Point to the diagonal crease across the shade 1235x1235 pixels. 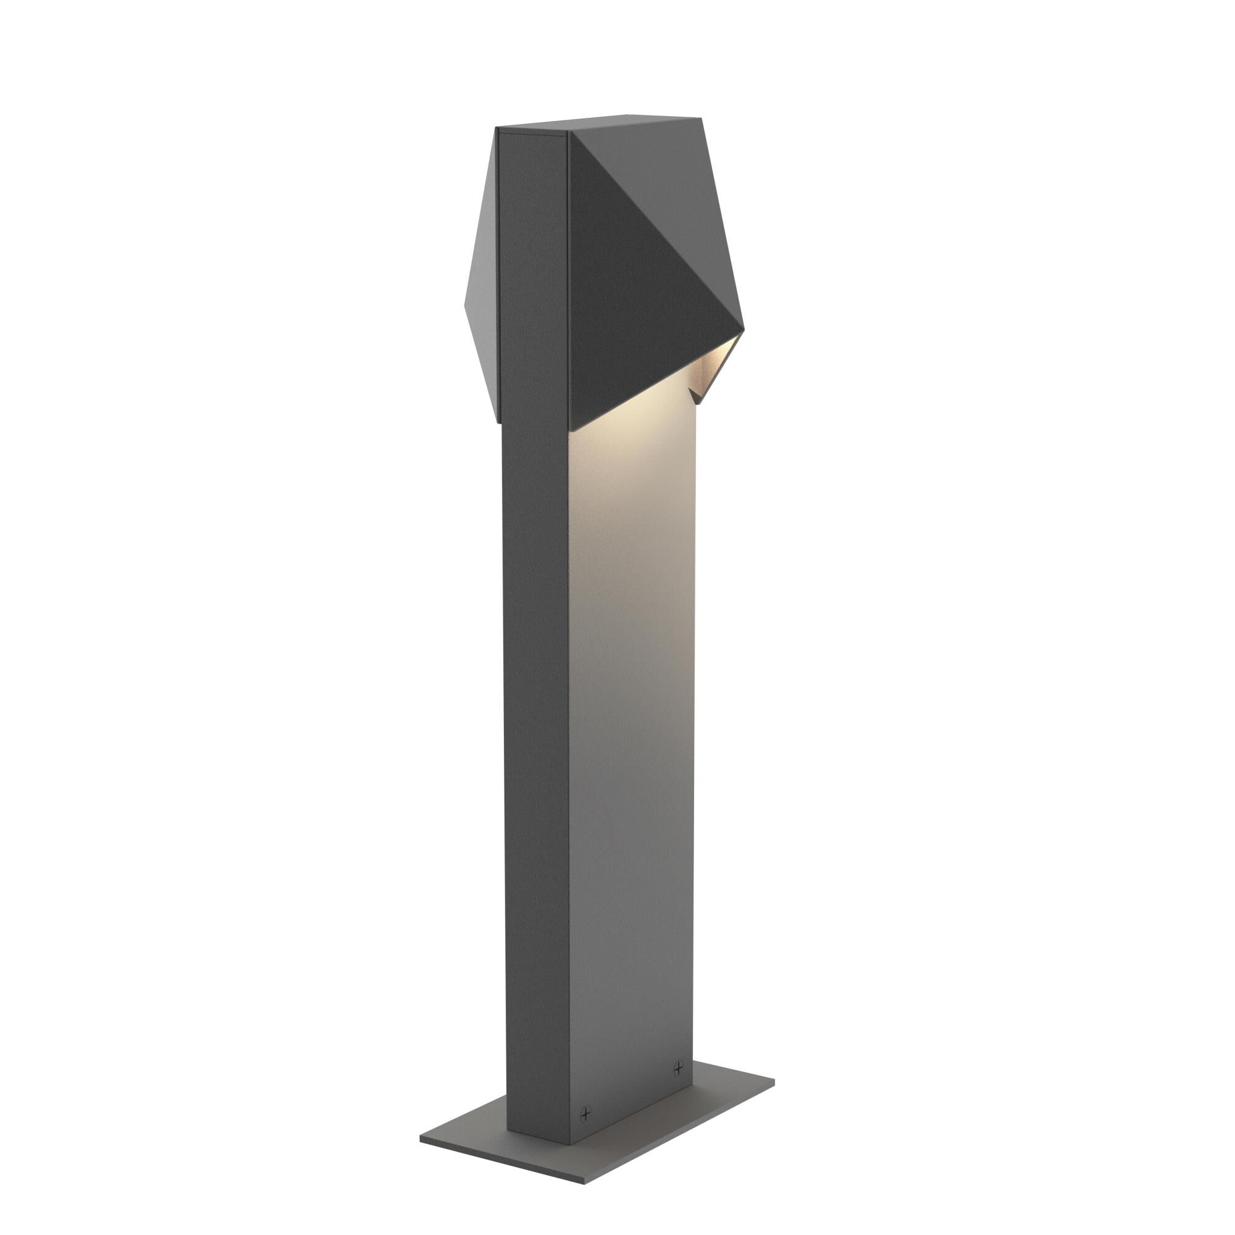(x=652, y=224)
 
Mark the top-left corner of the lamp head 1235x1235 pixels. (x=497, y=128)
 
